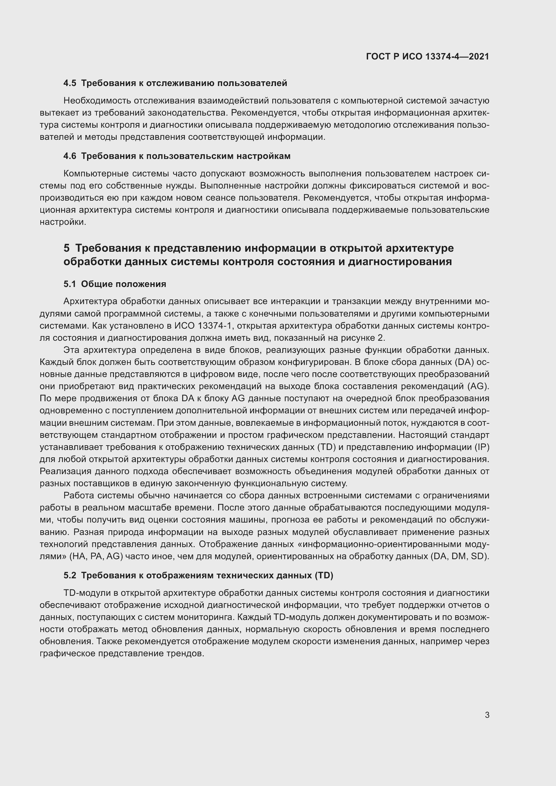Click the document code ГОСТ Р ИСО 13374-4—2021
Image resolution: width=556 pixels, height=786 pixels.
pyautogui.click(x=427, y=56)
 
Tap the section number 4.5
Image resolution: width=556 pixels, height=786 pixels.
pyautogui.click(x=70, y=83)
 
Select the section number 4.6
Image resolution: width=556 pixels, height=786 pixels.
pyautogui.click(x=70, y=156)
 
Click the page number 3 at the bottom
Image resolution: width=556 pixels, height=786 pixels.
pyautogui.click(x=487, y=715)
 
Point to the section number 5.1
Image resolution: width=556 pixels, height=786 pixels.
pyautogui.click(x=70, y=284)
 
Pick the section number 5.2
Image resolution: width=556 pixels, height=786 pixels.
pyautogui.click(x=70, y=575)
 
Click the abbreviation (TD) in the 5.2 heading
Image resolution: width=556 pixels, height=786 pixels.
pyautogui.click(x=323, y=575)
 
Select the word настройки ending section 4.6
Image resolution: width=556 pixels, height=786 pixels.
pyautogui.click(x=62, y=222)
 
